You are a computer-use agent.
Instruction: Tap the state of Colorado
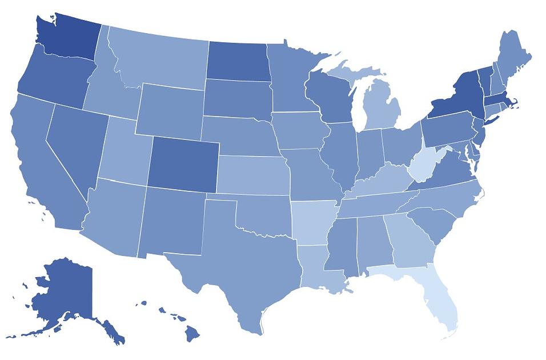click(x=183, y=163)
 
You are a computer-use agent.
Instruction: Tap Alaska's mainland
click(x=63, y=291)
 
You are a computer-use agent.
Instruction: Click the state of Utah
click(x=123, y=151)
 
